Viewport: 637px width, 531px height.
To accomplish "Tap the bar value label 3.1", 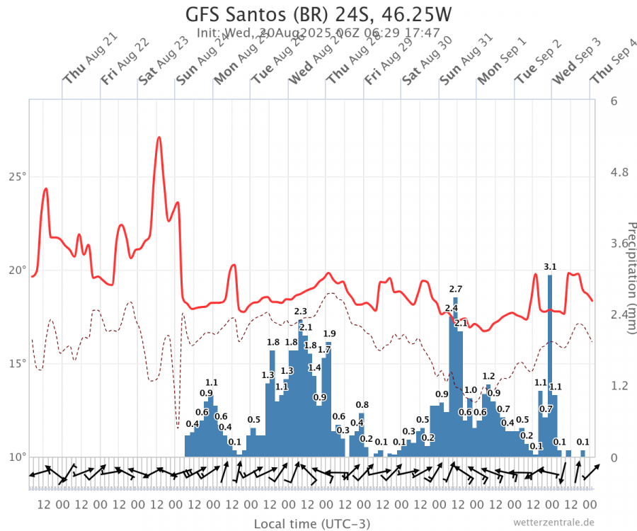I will (x=550, y=267).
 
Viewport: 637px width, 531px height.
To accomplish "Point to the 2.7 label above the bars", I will (x=456, y=289).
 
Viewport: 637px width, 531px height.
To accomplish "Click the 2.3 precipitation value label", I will (x=301, y=312).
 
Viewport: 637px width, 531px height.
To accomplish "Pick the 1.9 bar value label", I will (x=329, y=333).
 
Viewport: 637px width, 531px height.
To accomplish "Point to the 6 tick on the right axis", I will (x=614, y=101).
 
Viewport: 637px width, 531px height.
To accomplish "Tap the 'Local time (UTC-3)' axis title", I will (x=311, y=524).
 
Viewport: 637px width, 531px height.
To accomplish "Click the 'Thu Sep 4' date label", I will (x=616, y=59).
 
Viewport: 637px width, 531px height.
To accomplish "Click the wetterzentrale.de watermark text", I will (x=553, y=523).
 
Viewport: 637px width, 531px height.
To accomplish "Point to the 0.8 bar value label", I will (x=362, y=405).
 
